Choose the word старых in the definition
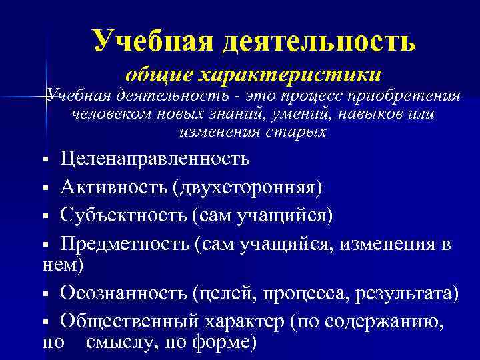pos(299,131)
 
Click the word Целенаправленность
pos(155,159)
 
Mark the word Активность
pos(113,187)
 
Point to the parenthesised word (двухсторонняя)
pos(247,187)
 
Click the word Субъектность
pos(122,215)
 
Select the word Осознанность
pos(121,293)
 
